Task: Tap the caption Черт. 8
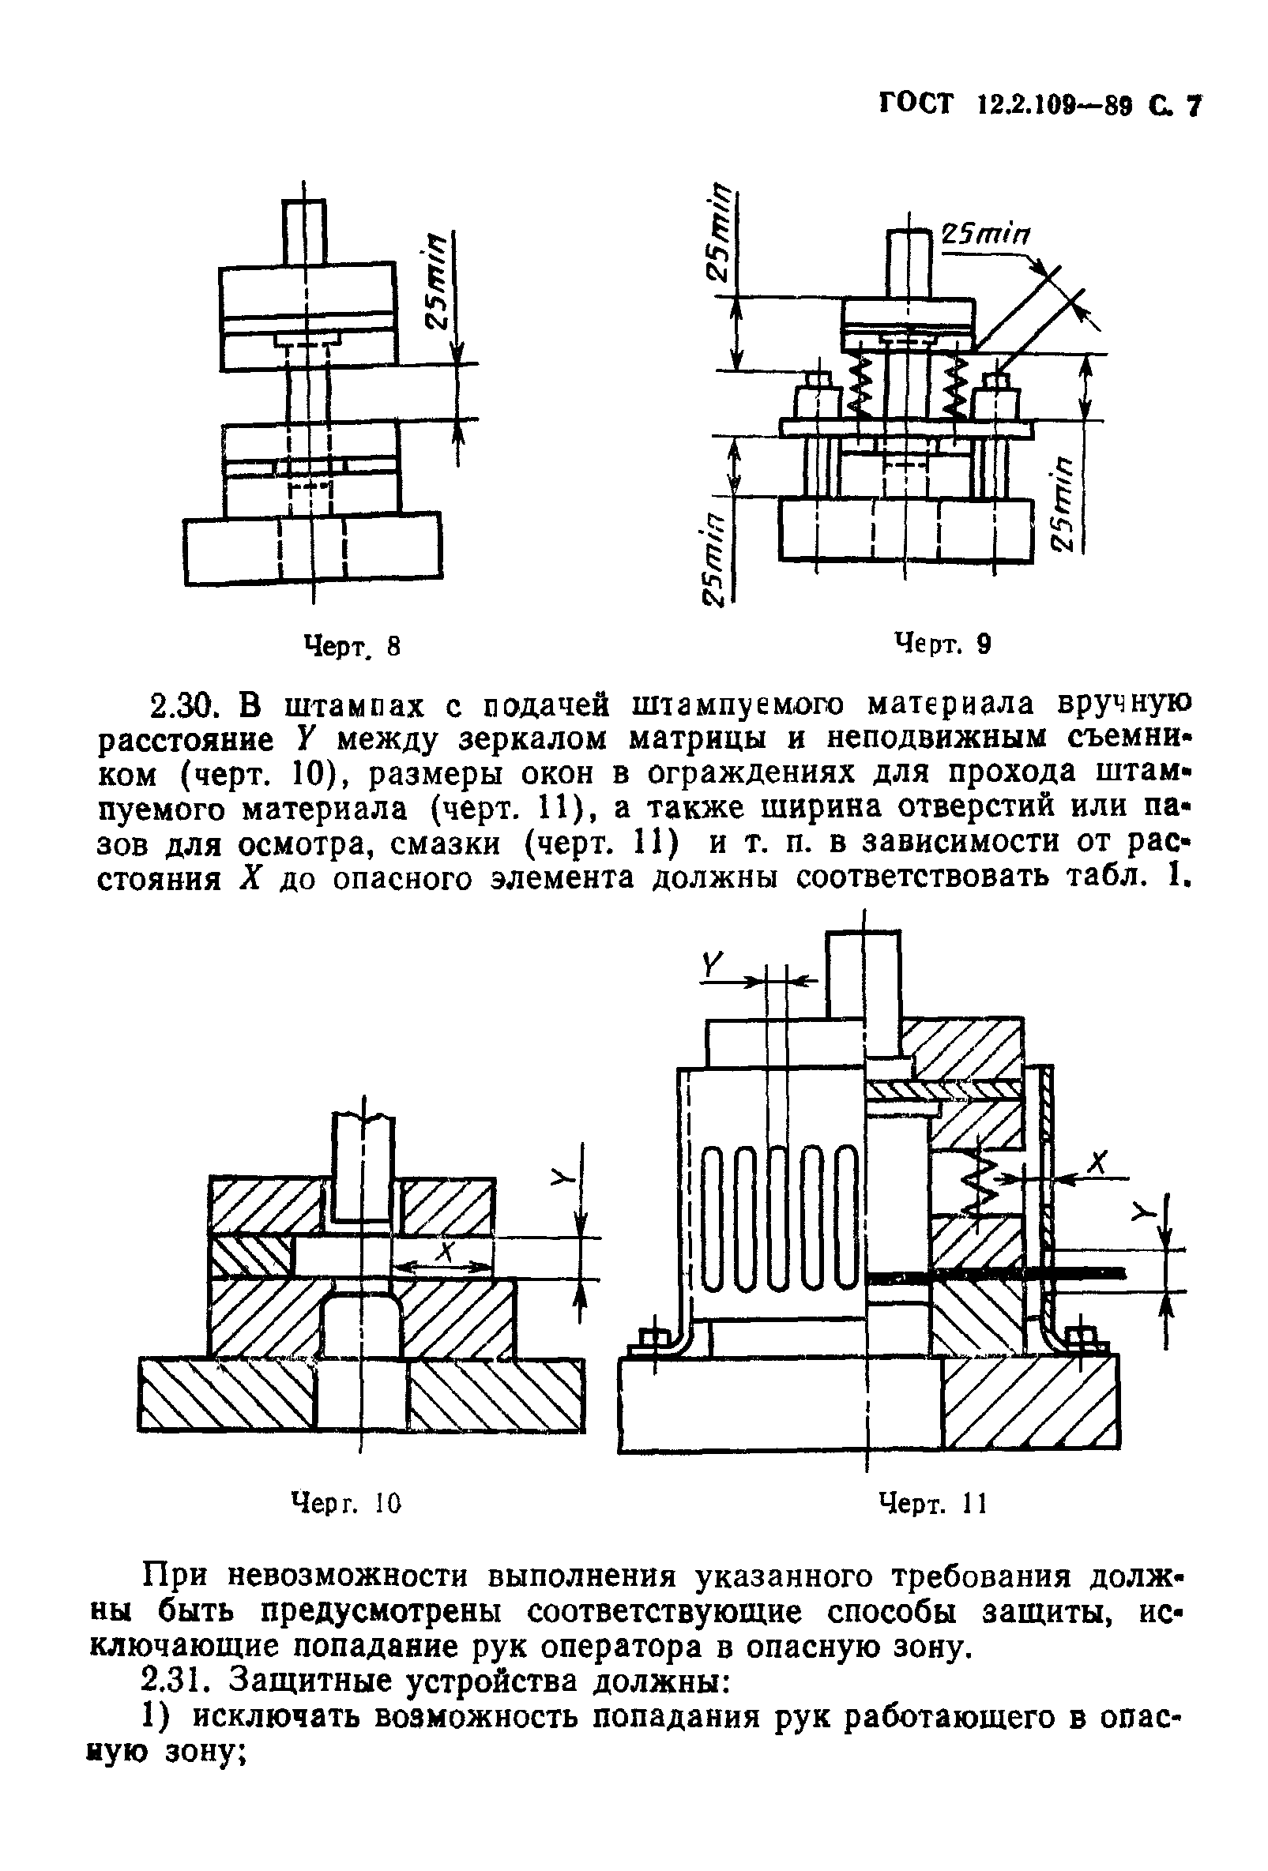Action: [x=350, y=646]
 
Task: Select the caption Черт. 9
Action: [x=943, y=643]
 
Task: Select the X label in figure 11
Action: [x=1097, y=1163]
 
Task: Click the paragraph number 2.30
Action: [x=186, y=705]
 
